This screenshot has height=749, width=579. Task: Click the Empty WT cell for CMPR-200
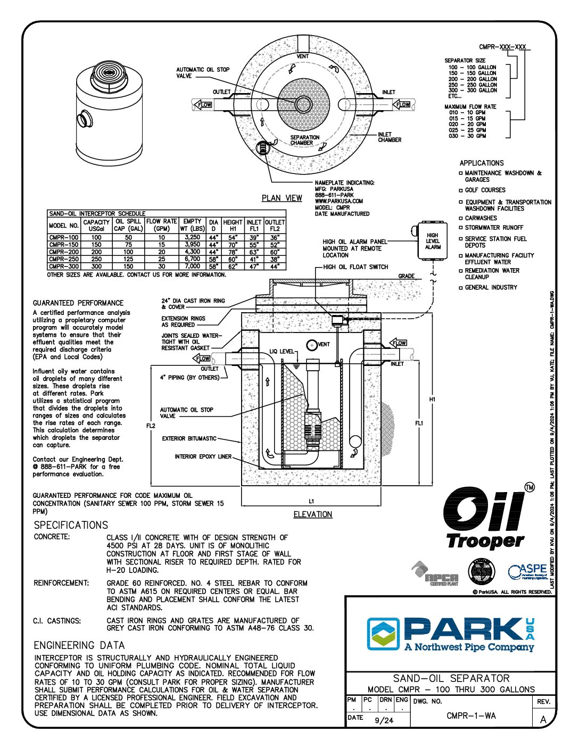click(192, 252)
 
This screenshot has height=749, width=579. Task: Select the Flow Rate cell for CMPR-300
click(161, 266)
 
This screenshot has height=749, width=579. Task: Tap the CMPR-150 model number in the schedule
click(64, 245)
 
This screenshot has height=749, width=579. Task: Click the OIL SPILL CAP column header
click(128, 225)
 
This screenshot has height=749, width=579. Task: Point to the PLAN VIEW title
click(282, 198)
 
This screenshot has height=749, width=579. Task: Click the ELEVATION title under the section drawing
click(312, 514)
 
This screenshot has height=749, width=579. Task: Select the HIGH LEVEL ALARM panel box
click(432, 241)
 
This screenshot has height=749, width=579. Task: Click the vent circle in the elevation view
click(312, 345)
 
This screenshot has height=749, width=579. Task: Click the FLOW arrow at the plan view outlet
click(203, 105)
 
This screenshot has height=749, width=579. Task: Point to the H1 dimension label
click(433, 399)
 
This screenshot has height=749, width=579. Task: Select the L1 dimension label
click(312, 501)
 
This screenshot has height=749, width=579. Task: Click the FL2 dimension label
click(151, 426)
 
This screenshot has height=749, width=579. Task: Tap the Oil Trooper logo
click(484, 519)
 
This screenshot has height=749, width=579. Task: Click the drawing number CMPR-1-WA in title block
click(471, 716)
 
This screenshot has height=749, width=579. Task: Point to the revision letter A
click(543, 720)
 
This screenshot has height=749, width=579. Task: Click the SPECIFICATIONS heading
click(71, 525)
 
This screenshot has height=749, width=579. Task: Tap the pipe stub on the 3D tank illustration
click(84, 118)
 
